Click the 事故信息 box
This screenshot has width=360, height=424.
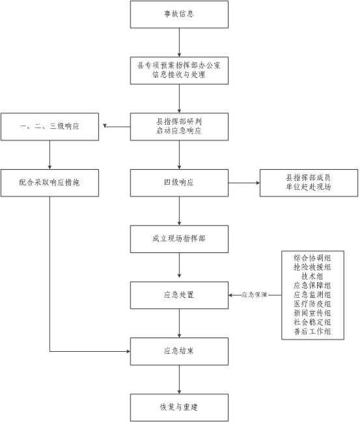[x=179, y=14]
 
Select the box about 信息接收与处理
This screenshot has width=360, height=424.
[x=179, y=71]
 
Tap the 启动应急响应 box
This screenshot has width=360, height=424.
[x=179, y=127]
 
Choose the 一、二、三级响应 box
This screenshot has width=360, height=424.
[x=50, y=127]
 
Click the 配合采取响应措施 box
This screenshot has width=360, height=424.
[x=50, y=183]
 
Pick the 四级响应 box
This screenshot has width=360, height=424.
[x=179, y=183]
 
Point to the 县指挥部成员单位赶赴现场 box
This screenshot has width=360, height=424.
[x=309, y=183]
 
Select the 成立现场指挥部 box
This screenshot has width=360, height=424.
[x=179, y=239]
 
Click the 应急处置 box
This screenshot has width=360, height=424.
[x=179, y=295]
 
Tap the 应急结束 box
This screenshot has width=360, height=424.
[x=179, y=351]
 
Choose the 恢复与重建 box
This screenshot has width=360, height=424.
[x=179, y=408]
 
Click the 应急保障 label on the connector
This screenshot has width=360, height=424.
[x=255, y=295]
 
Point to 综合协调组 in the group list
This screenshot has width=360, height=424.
[x=312, y=258]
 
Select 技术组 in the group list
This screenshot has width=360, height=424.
[x=312, y=276]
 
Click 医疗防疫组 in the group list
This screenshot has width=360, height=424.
[x=312, y=304]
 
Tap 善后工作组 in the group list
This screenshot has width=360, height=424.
[x=312, y=332]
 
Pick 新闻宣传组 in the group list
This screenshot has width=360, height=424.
[x=312, y=313]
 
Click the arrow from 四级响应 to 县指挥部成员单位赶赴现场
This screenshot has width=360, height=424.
[x=244, y=183]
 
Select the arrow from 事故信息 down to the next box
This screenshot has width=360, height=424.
[x=179, y=42]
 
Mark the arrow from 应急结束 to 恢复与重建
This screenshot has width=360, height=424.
[x=179, y=379]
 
